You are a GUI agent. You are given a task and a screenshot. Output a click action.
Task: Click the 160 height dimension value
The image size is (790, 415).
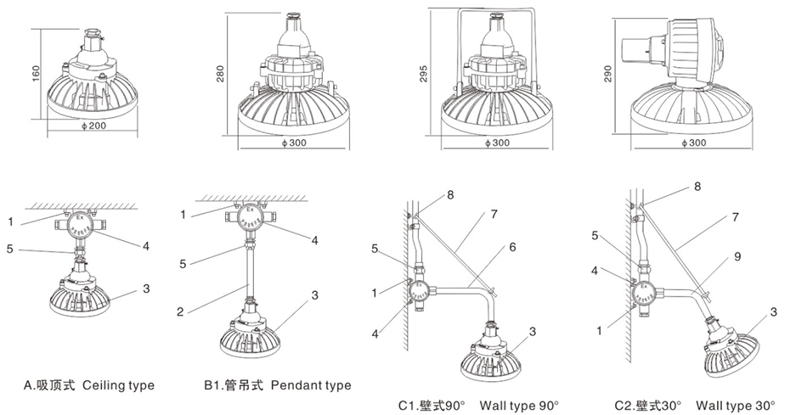[x=36, y=74]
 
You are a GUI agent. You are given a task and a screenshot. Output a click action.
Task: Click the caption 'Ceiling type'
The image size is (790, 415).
[x=118, y=385]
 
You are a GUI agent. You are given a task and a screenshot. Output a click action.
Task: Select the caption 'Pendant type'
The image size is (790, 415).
[x=311, y=385]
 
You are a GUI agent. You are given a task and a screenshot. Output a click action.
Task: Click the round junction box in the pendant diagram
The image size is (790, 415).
[x=248, y=216]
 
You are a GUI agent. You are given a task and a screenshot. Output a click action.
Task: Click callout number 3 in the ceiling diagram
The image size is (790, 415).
[x=146, y=289]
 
